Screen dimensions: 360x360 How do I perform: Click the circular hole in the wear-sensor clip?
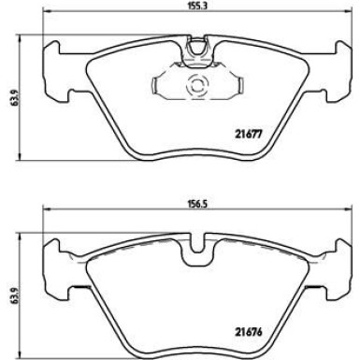coord(197,87)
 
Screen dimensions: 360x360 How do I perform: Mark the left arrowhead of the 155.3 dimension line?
coord(46,18)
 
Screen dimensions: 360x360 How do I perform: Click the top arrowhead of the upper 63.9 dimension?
coord(22,41)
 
